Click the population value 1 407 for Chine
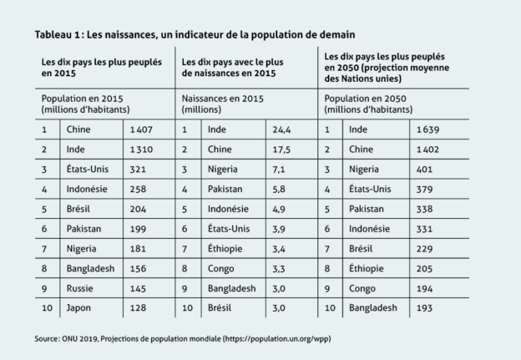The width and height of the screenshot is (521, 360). point(141,129)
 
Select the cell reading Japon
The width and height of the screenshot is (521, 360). point(78,308)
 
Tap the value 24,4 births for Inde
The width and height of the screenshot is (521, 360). point(281,129)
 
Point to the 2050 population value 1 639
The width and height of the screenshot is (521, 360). point(428,129)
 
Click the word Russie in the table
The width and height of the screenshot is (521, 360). point(80,288)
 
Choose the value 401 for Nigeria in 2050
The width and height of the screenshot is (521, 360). point(424,170)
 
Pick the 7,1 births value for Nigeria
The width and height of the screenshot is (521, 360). point(278,170)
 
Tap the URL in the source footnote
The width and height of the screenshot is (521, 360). point(276,339)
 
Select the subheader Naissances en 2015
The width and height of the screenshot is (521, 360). point(222,99)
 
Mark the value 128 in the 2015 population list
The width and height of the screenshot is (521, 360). point(138,308)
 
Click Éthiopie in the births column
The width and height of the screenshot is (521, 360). point(225,249)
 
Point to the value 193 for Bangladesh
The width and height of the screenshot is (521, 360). point(424,308)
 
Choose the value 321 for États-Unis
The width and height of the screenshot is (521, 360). point(138,170)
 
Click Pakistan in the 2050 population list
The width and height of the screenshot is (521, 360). point(367,209)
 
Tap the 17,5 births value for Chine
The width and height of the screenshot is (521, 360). point(281,150)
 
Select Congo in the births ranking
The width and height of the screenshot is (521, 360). point(220,269)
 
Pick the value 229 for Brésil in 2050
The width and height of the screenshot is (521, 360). point(424,249)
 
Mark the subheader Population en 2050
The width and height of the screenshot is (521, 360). point(365,99)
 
